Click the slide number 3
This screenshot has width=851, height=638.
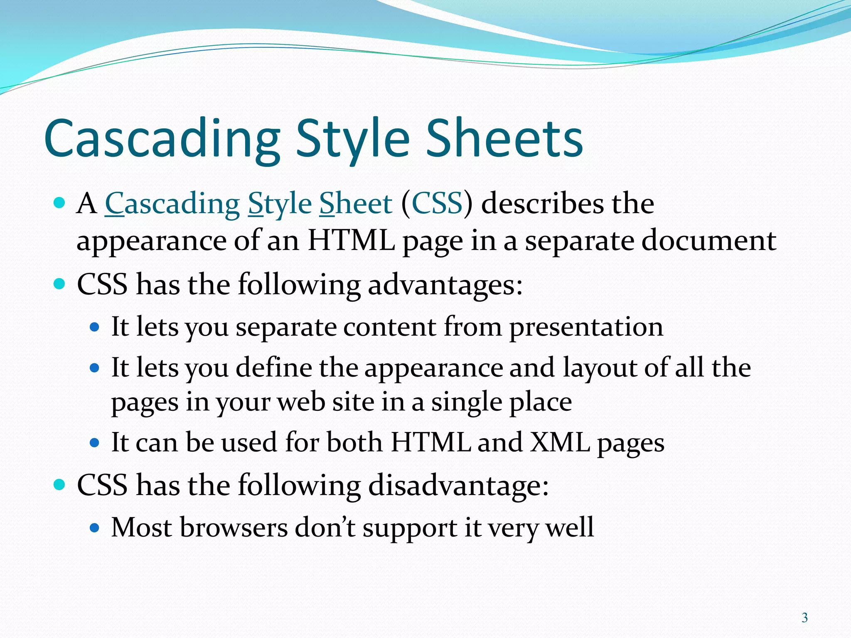(x=804, y=618)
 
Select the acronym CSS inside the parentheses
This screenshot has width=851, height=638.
(x=437, y=204)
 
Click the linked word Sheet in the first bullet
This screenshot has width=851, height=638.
(x=356, y=204)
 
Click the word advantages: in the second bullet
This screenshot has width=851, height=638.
(x=445, y=285)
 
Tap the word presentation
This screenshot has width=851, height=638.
(x=586, y=326)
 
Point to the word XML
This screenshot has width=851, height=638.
(x=560, y=442)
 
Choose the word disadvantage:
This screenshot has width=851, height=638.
(x=458, y=485)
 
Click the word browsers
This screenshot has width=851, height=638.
(x=234, y=528)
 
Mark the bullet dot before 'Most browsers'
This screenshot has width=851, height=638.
(x=95, y=528)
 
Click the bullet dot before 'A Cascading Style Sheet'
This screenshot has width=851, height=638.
(x=60, y=204)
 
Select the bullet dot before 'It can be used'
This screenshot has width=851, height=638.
(x=95, y=443)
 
